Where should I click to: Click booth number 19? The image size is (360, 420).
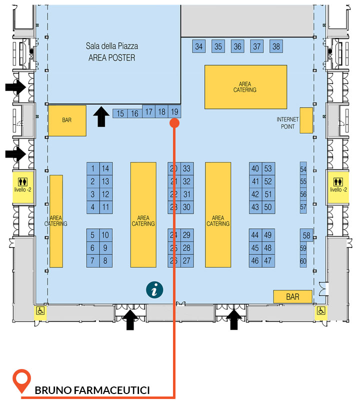point(174,111)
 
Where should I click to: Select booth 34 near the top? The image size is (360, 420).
point(199,46)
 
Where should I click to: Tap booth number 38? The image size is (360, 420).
point(276,46)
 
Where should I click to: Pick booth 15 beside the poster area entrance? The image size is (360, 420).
point(120,113)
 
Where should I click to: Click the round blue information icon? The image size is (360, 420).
point(154,290)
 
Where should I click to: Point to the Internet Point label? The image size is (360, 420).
point(287,123)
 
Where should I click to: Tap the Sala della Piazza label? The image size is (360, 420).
point(112,46)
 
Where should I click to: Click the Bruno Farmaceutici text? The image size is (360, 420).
point(92,390)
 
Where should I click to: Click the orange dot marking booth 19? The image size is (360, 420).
point(174,123)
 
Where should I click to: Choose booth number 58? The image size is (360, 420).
point(306,235)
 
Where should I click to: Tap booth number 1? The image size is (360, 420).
point(93,168)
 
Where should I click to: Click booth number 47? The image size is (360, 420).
point(268,260)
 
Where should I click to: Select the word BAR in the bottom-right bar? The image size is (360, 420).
point(293,297)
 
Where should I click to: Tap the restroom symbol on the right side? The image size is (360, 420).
point(338,182)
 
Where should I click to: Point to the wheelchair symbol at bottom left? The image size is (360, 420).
point(40,310)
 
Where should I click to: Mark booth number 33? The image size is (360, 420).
point(187,168)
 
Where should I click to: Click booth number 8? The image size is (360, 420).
point(106,260)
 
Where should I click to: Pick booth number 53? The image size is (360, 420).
point(268,168)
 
